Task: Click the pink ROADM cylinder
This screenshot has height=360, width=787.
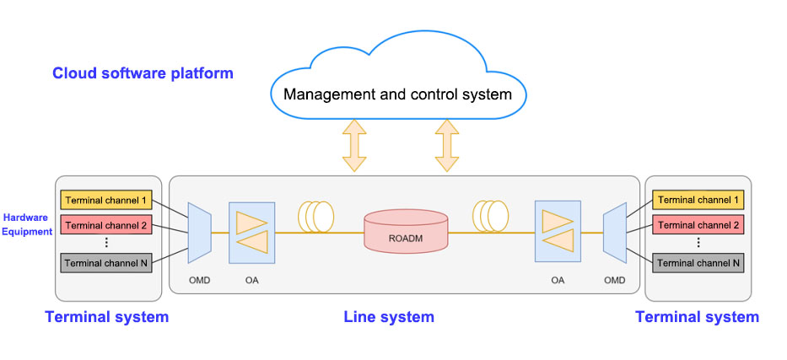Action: [406, 232]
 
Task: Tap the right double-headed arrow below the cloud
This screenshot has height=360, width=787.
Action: [446, 145]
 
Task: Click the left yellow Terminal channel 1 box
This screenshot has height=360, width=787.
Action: [106, 200]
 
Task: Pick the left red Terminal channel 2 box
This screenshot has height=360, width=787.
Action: [106, 225]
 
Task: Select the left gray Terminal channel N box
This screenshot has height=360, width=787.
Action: [106, 263]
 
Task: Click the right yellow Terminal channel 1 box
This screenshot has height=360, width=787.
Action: [698, 200]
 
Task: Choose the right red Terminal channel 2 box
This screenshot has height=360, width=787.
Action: [698, 225]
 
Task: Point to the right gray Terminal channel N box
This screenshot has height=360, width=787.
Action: [698, 263]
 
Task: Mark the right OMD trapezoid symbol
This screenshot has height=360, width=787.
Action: [614, 231]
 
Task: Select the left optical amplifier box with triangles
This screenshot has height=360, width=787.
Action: [252, 232]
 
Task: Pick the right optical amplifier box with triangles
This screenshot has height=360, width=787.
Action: [557, 232]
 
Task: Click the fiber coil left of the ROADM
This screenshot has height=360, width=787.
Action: [318, 216]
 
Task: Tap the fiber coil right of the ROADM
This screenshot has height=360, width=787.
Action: [492, 216]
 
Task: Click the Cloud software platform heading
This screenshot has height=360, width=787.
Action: [143, 73]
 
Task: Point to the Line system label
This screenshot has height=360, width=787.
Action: [389, 317]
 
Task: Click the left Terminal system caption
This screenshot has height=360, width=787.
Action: [106, 317]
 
